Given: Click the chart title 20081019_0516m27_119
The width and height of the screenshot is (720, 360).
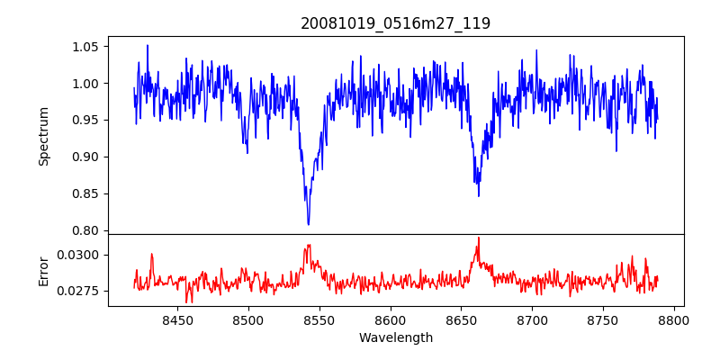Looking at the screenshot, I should [396, 23].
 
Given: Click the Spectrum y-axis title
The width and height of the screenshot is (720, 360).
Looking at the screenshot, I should [44, 135].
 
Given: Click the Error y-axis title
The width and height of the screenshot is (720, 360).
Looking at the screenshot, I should [44, 270].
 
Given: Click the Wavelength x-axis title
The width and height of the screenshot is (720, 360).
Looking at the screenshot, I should [396, 338].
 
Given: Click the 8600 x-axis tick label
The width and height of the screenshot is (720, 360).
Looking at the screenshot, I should [390, 319].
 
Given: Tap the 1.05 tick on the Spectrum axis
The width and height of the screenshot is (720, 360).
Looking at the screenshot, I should [90, 47].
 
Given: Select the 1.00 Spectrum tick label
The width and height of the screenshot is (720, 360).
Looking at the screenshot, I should [90, 84].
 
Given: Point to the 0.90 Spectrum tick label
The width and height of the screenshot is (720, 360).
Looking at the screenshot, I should [90, 157].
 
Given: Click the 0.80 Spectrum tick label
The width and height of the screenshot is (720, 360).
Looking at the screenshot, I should [90, 230].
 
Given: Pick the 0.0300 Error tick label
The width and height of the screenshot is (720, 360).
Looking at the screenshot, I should [84, 255].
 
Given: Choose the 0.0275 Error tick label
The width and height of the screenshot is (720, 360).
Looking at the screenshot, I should [84, 291].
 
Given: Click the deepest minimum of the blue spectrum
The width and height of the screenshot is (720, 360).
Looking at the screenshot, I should [308, 224].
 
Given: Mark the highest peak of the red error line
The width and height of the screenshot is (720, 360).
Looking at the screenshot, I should [479, 238].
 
